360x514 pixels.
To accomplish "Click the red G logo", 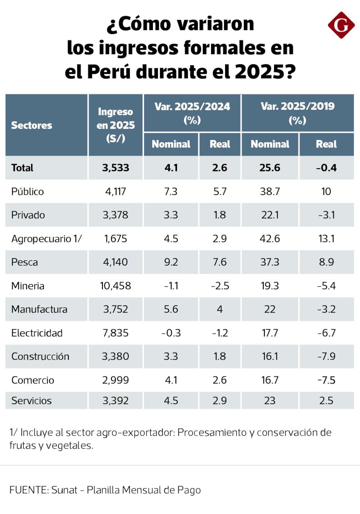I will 341,25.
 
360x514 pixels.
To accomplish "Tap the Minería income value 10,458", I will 115,286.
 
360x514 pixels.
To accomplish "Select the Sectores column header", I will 32,125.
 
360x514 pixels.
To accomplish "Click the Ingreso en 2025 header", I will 115,125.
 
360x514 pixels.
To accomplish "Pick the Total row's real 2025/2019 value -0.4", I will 326,168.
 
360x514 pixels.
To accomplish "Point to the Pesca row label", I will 24,262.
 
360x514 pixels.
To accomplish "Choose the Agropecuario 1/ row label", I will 46,239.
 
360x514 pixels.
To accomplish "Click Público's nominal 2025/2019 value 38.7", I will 270,191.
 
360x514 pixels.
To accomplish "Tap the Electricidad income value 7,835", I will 115,333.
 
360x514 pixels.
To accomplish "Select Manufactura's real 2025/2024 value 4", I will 220,309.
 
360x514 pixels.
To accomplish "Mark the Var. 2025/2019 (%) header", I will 297,113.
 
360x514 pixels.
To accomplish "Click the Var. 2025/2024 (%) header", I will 192,113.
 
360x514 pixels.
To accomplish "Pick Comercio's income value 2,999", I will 115,380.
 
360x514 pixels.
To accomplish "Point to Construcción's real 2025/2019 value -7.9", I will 326,356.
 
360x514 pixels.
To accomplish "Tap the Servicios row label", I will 32,401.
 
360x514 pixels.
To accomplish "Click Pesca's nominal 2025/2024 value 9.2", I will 171,262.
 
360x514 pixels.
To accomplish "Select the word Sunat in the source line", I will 64,490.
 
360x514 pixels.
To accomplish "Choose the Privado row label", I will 28,215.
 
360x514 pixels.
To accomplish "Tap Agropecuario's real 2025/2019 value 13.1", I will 326,239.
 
